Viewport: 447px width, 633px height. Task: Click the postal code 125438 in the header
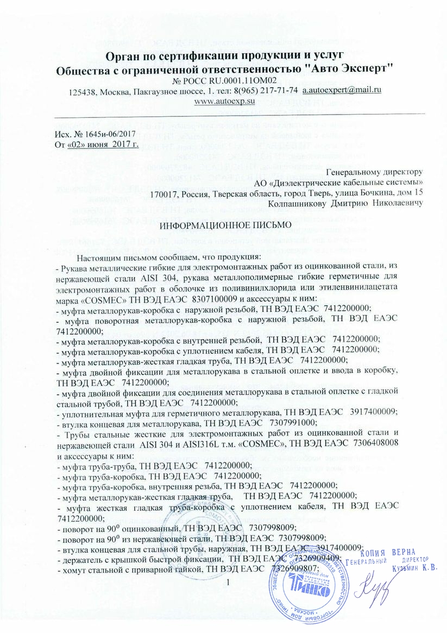click(x=82, y=90)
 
